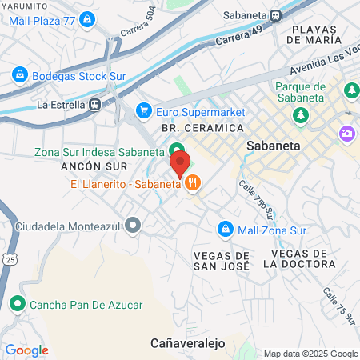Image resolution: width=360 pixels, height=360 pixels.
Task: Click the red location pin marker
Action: pos(179,163)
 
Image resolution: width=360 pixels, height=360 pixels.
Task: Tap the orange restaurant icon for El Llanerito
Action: pos(192,185)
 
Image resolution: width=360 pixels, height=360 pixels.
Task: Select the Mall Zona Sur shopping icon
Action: pos(226,229)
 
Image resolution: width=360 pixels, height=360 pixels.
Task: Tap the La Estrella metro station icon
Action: pos(95,104)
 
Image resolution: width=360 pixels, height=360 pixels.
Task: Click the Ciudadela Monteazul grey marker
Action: pos(133,226)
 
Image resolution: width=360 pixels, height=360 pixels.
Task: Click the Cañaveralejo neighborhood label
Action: pos(188,342)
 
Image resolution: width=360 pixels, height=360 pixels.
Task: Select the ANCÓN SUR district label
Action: pos(90,168)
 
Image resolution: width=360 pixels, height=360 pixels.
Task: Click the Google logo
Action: pos(26,350)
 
